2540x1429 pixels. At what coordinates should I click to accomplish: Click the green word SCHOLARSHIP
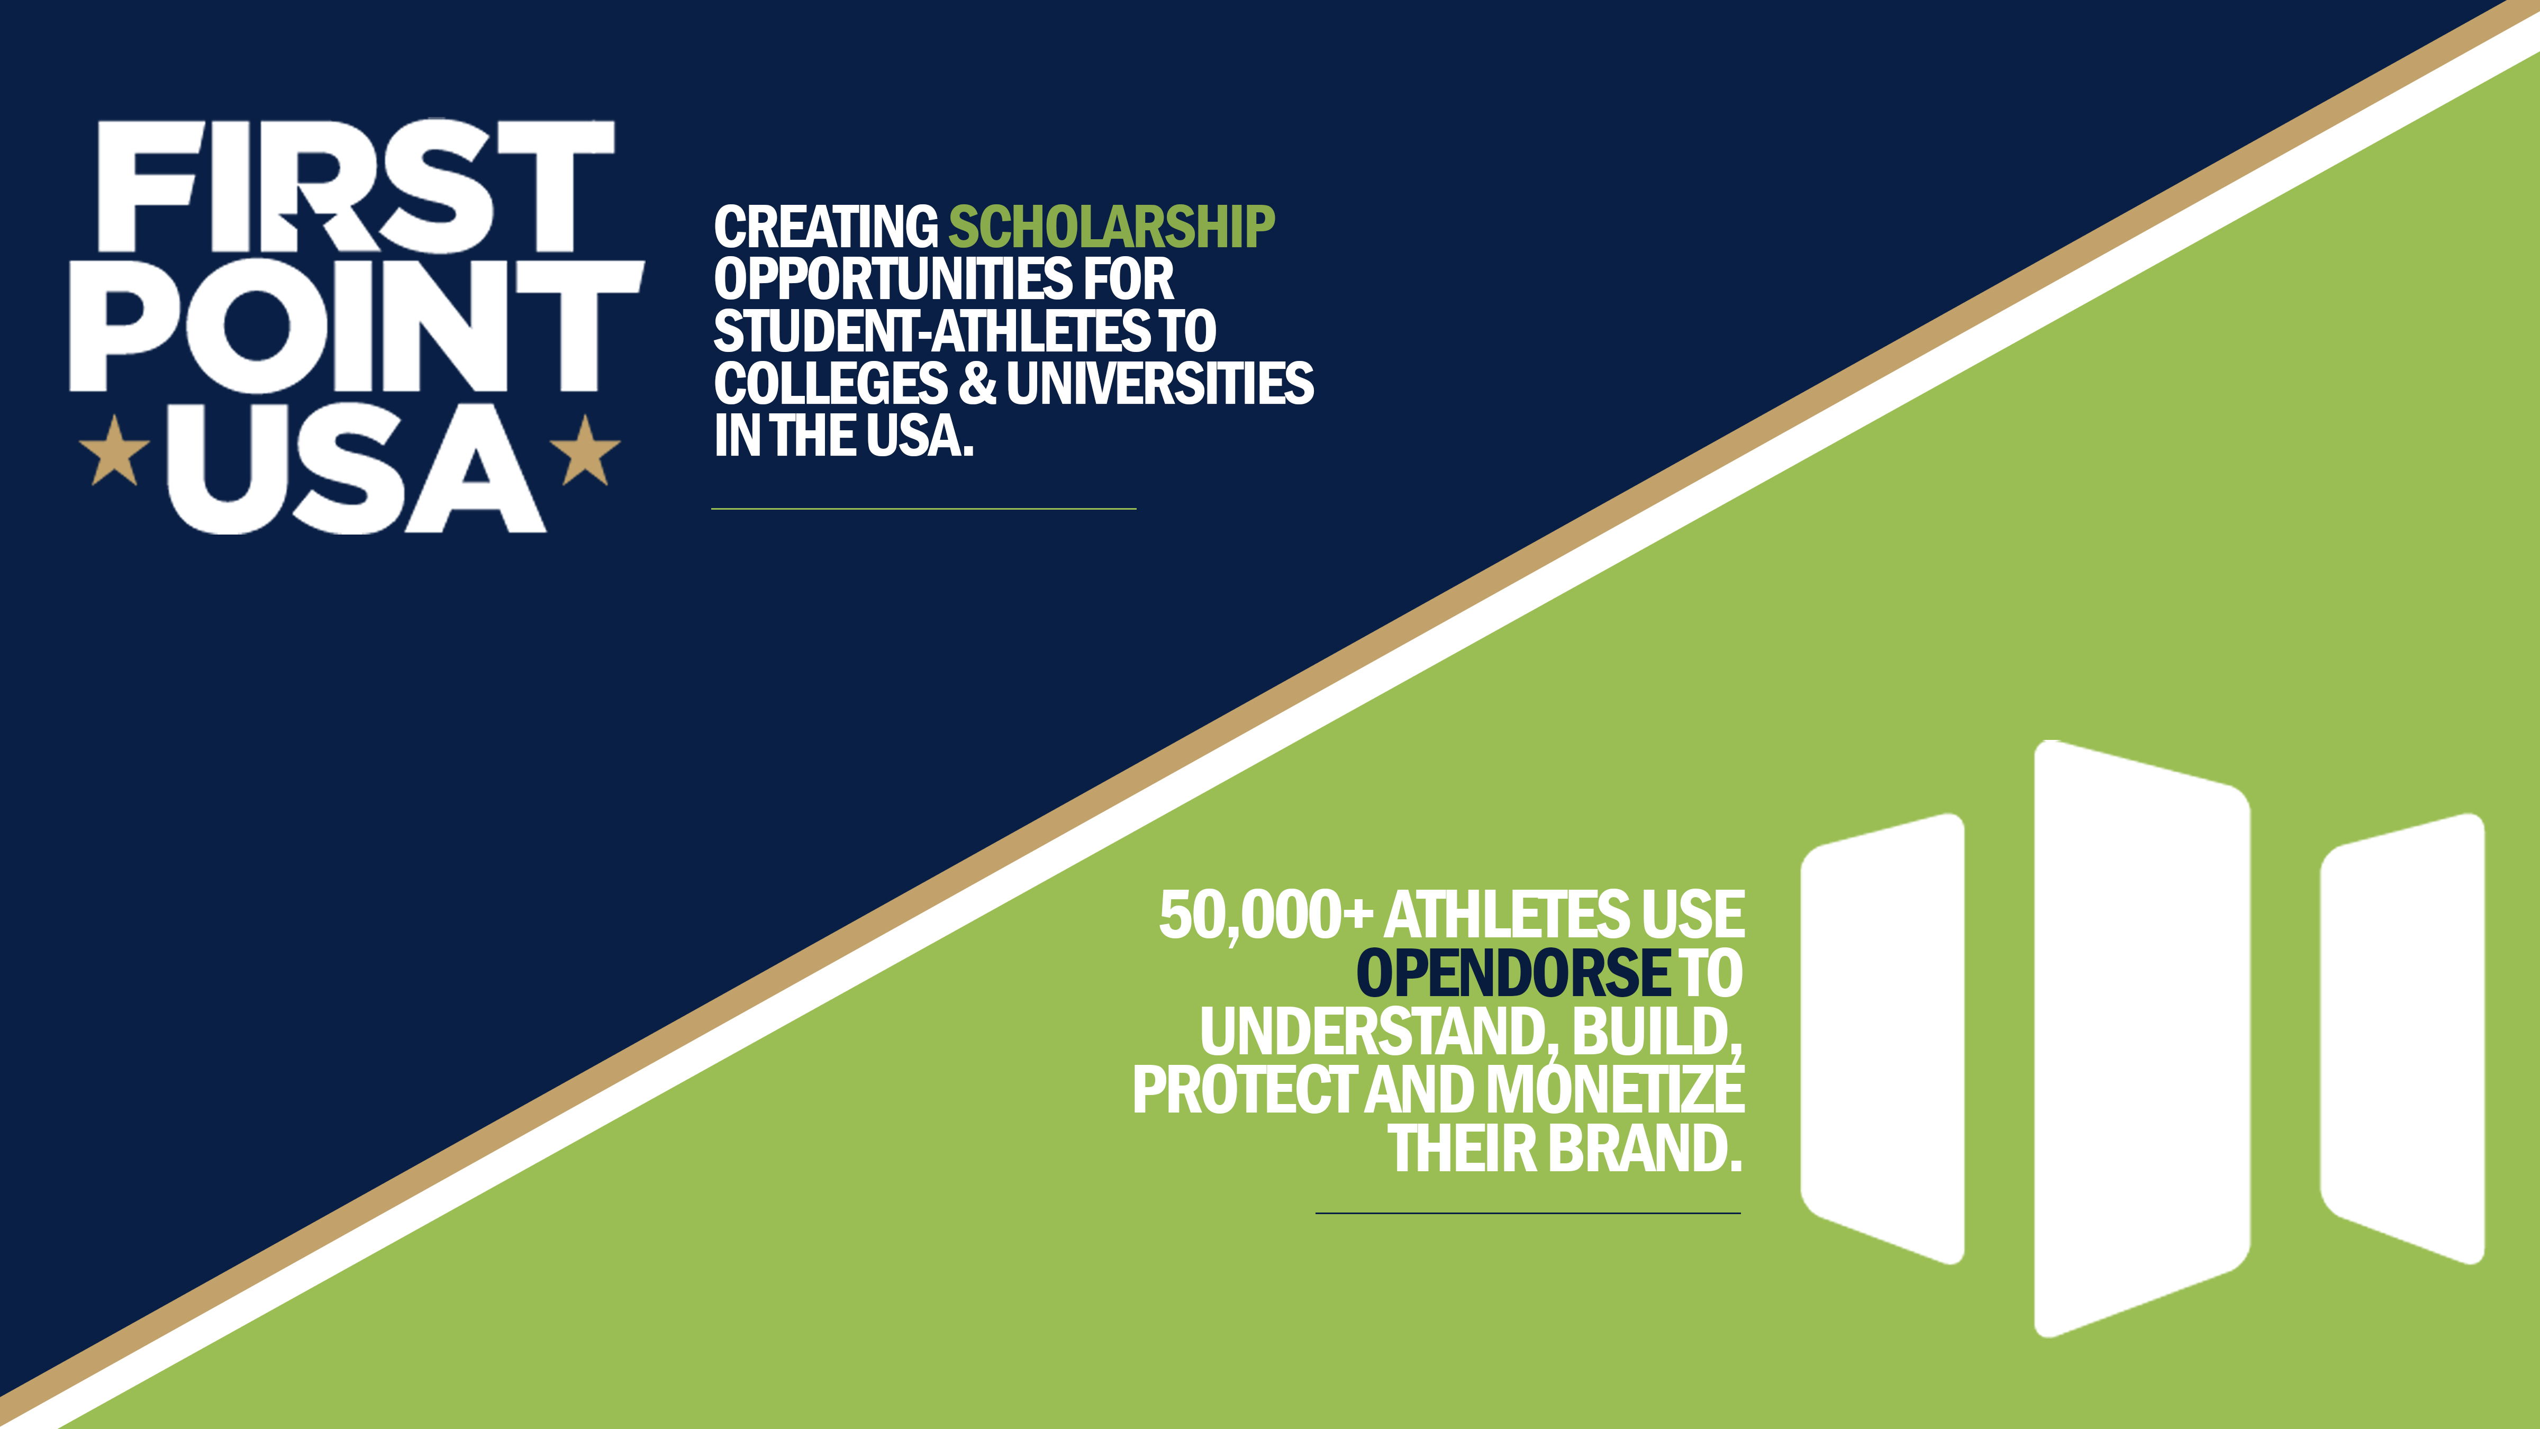click(1111, 227)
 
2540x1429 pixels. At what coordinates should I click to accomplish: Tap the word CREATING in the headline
click(826, 227)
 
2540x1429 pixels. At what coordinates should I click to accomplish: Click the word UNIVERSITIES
click(1159, 384)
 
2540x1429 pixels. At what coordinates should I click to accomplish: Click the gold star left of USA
click(114, 451)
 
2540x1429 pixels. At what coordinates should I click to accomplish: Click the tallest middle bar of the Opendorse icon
click(2142, 1038)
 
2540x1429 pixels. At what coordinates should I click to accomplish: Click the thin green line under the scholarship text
click(924, 509)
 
